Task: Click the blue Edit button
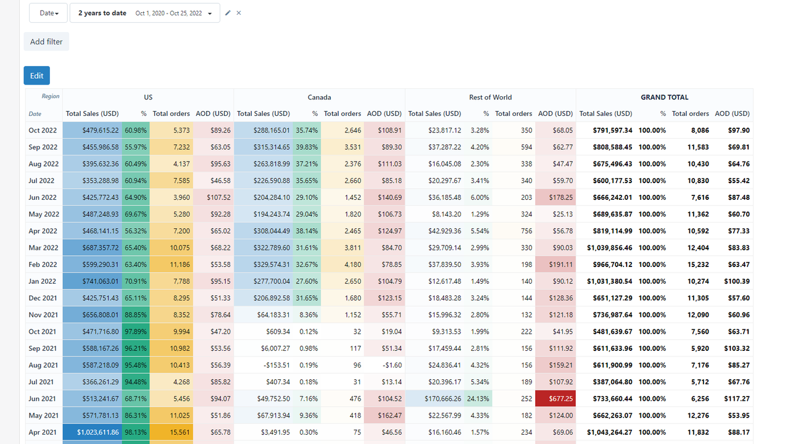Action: pyautogui.click(x=36, y=75)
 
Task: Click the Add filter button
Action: pyautogui.click(x=46, y=41)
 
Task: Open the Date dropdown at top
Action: pyautogui.click(x=48, y=13)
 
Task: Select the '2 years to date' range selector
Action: pyautogui.click(x=144, y=13)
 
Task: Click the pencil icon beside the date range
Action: pyautogui.click(x=228, y=13)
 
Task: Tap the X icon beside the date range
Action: pyautogui.click(x=239, y=13)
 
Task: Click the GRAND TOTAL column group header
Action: pyautogui.click(x=664, y=97)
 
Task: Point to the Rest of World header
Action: pyautogui.click(x=490, y=97)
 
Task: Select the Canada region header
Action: pyautogui.click(x=319, y=97)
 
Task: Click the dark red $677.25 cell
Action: pyautogui.click(x=555, y=398)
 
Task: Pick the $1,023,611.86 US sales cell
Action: pyautogui.click(x=93, y=432)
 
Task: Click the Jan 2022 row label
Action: pyautogui.click(x=43, y=281)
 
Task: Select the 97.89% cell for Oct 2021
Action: pyautogui.click(x=136, y=331)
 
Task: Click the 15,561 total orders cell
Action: pyautogui.click(x=172, y=432)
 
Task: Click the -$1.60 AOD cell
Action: pyautogui.click(x=384, y=365)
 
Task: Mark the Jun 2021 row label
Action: pyautogui.click(x=43, y=398)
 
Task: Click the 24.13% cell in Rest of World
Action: pyautogui.click(x=478, y=398)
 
